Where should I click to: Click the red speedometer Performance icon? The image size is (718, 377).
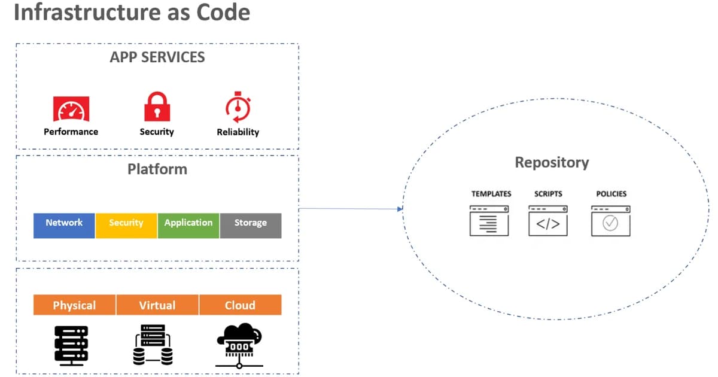[71, 109]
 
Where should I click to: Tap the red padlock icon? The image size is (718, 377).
[157, 107]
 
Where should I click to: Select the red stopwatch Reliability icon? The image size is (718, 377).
[238, 107]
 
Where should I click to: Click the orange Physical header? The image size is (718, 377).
[74, 305]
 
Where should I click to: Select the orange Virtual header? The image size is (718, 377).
[157, 305]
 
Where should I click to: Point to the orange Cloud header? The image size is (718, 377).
[240, 305]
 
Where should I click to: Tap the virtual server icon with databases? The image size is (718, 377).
[153, 345]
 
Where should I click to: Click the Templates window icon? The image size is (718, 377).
[489, 220]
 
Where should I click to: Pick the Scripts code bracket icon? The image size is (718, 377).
[548, 220]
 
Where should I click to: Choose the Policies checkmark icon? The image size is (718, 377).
[610, 220]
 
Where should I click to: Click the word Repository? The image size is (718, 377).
[552, 162]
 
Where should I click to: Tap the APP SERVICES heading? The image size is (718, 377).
[157, 57]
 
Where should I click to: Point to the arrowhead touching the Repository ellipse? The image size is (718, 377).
[399, 209]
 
